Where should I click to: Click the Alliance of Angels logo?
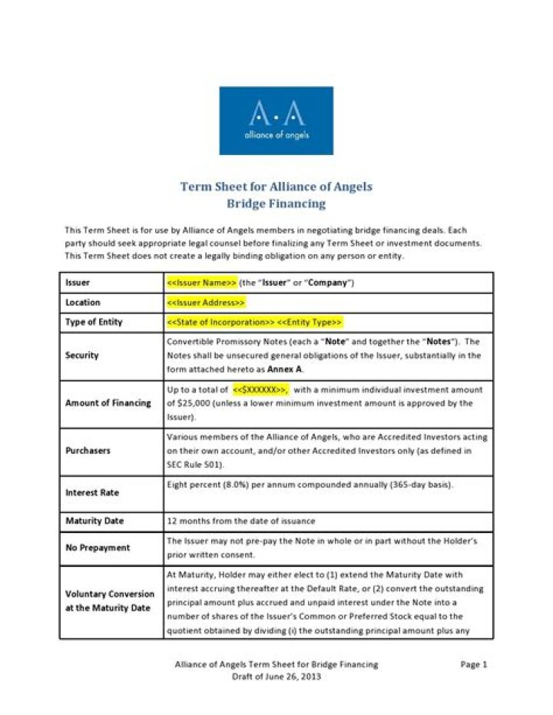coord(276,121)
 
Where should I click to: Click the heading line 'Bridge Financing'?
coord(276,204)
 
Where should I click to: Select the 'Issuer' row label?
coord(78,283)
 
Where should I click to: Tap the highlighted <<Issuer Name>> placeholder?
coord(202,283)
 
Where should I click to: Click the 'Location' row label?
coord(83,303)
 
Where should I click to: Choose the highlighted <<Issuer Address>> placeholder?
coord(206,303)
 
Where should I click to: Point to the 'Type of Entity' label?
coord(94,322)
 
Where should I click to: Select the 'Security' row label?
coord(81,356)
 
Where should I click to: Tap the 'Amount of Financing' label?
coord(108,403)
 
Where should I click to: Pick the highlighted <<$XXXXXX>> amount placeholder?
coord(260,389)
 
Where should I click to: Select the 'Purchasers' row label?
coord(88,451)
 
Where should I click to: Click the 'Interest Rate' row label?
coord(92,492)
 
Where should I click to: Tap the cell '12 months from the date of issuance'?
coord(241,521)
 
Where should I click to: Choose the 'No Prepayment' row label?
coord(98,548)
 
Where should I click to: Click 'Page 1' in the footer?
coord(474,664)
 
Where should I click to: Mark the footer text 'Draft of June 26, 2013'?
coord(276,677)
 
